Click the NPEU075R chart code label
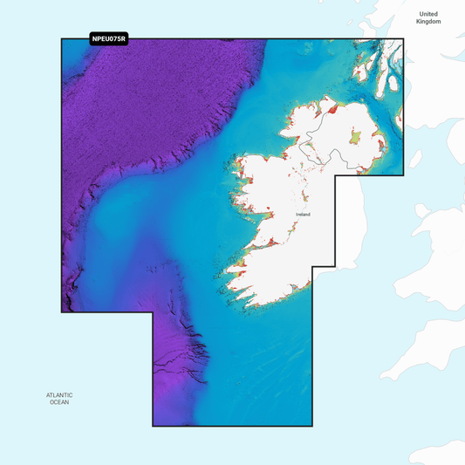[109, 38]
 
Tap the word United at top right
[427, 14]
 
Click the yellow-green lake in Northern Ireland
[355, 137]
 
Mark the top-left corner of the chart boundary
[61, 38]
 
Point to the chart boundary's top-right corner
[404, 38]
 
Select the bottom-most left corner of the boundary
[153, 426]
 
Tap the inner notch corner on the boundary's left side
[153, 312]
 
